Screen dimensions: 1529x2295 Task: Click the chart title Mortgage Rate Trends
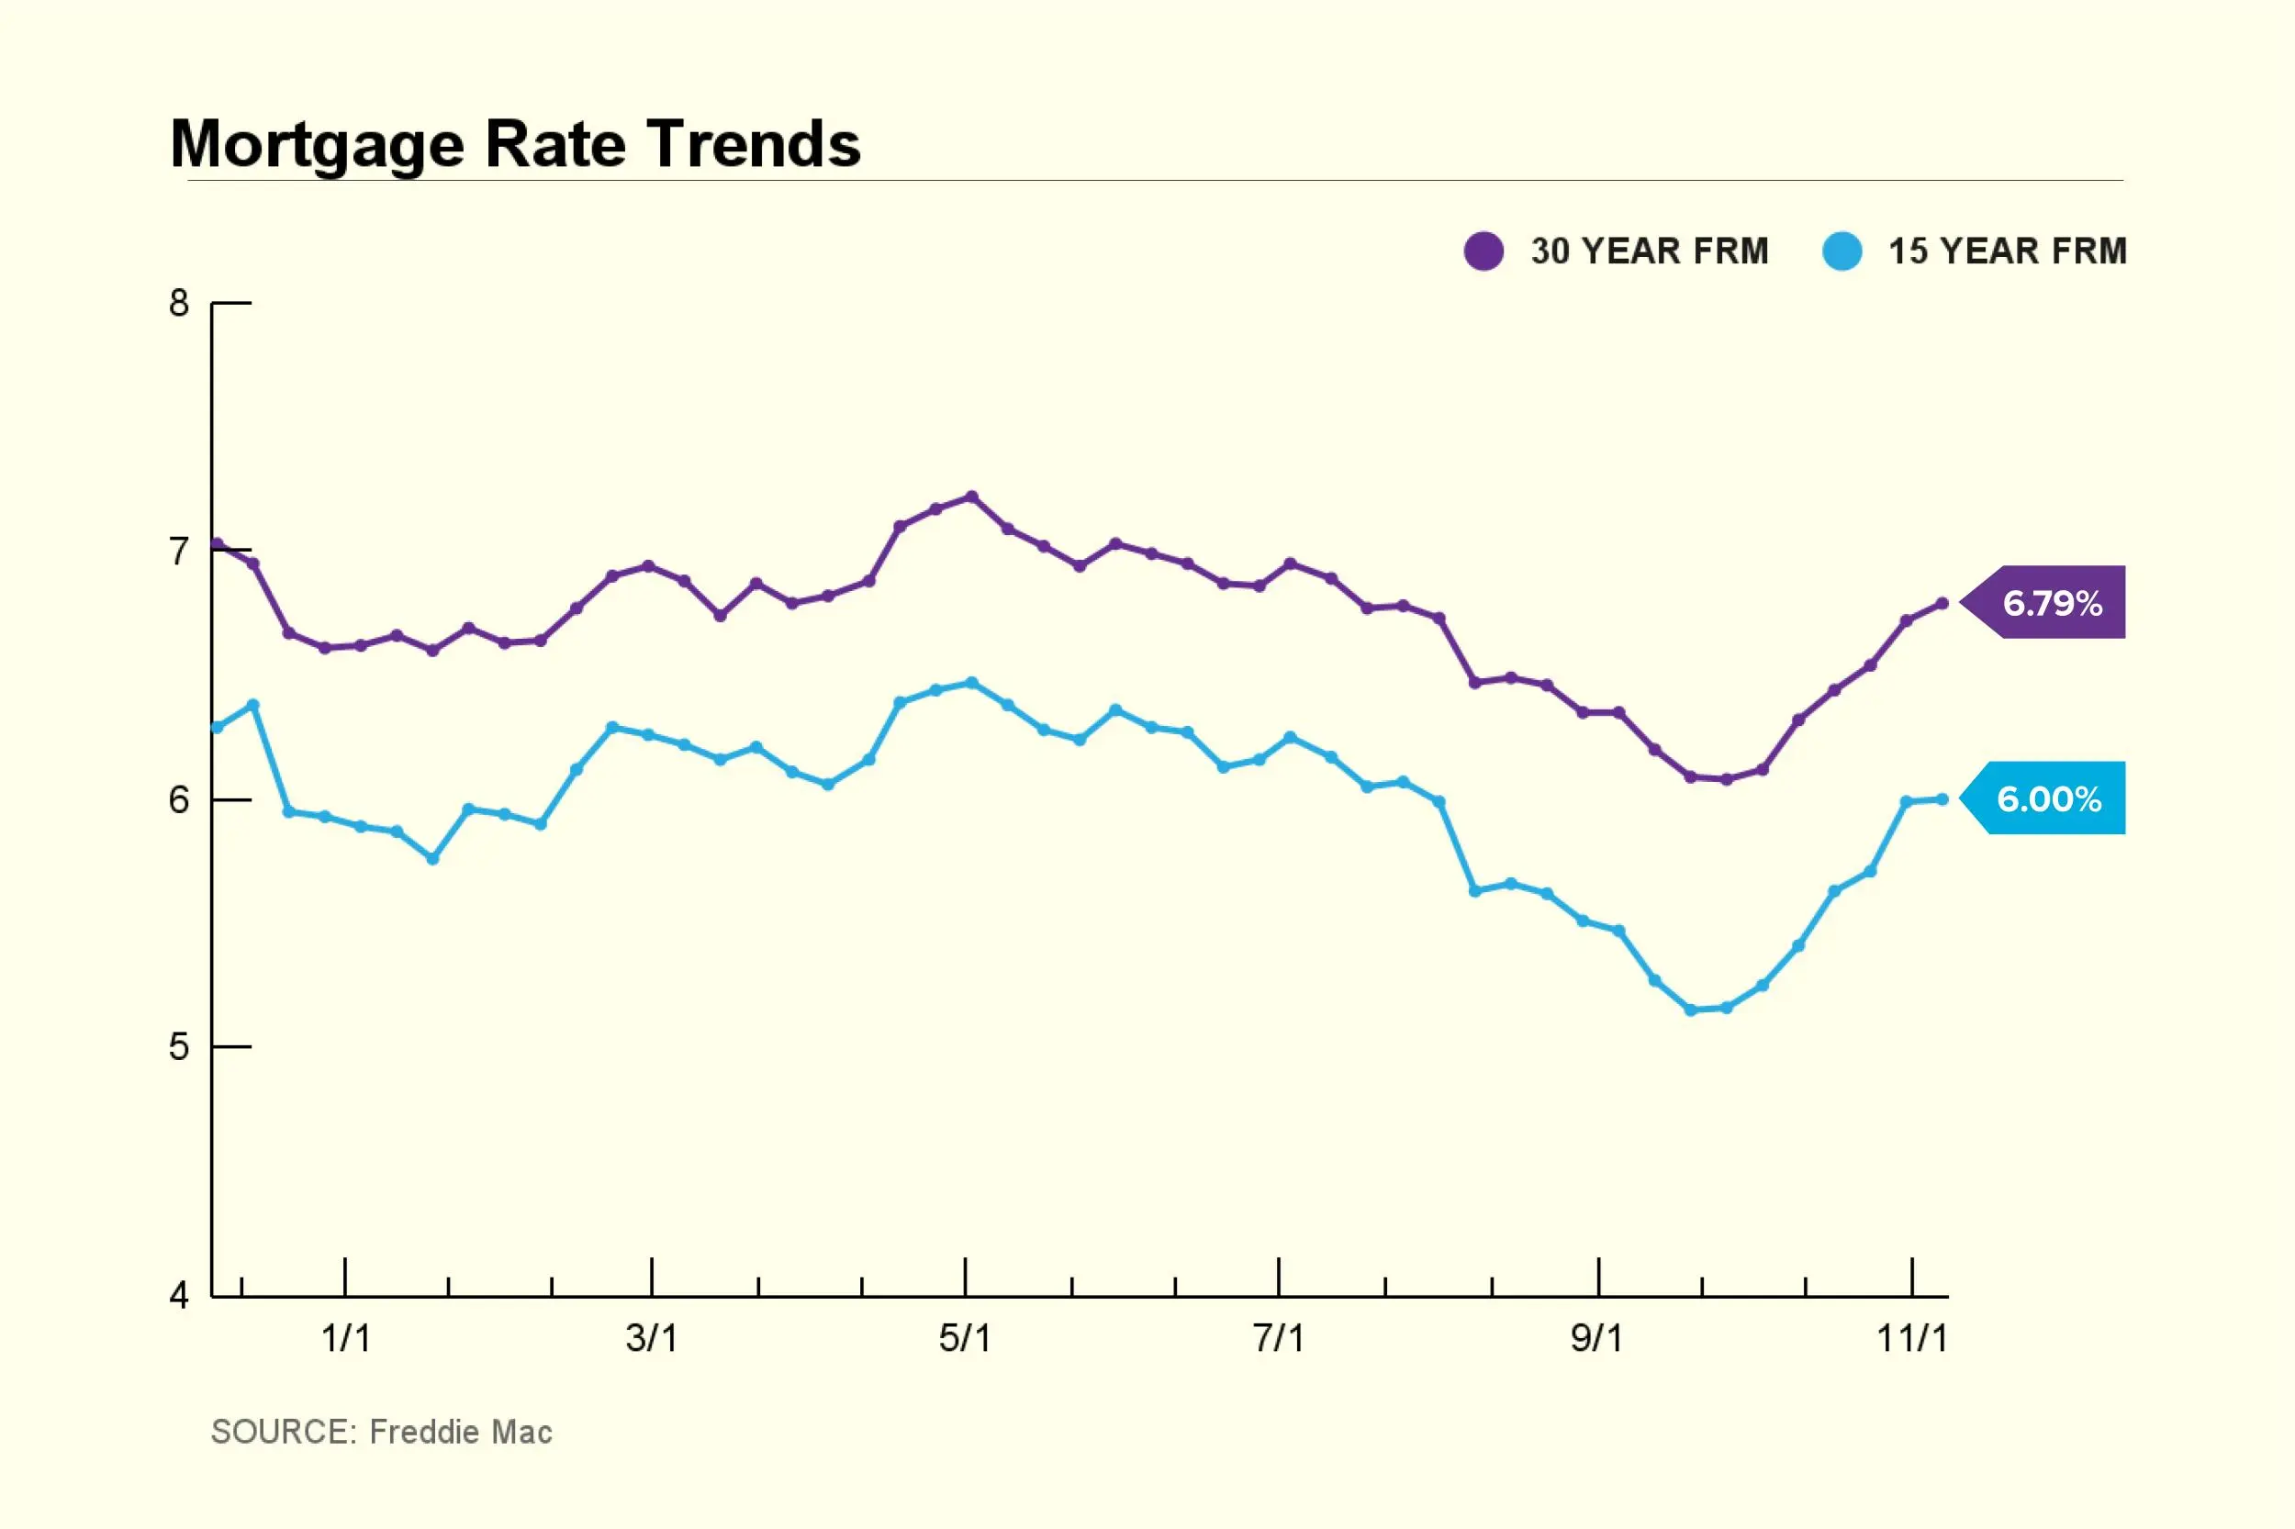[515, 143]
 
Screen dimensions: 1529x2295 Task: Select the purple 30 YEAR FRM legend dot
[1483, 251]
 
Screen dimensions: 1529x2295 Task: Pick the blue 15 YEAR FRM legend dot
[1842, 251]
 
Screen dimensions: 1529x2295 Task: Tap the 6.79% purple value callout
[2052, 603]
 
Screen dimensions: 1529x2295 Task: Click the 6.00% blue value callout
[2049, 798]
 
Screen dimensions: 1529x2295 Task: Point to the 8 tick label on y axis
[178, 303]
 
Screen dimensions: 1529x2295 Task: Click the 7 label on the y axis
[178, 552]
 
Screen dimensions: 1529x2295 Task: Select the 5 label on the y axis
[178, 1047]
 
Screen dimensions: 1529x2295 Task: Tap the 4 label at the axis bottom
[178, 1296]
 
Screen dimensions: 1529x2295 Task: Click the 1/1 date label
[345, 1339]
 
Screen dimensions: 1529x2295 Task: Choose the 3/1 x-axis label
[652, 1339]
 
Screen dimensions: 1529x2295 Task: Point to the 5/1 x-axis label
[965, 1339]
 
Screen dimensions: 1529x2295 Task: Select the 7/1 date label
[1278, 1339]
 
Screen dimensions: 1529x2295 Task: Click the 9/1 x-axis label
[1596, 1339]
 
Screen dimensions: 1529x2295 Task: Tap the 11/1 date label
[1911, 1339]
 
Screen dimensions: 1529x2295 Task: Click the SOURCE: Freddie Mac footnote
[381, 1432]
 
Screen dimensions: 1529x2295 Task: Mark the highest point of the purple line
[971, 497]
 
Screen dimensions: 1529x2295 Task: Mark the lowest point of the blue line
[1690, 1010]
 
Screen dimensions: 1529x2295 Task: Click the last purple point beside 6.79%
[1942, 604]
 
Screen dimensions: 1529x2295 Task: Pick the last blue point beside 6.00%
[1942, 799]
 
